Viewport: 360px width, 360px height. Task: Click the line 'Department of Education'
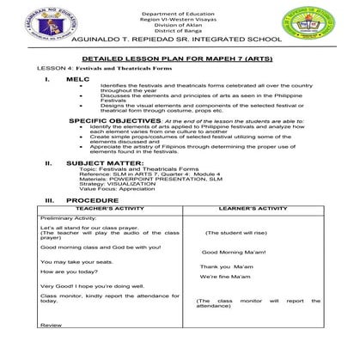tap(181, 15)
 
